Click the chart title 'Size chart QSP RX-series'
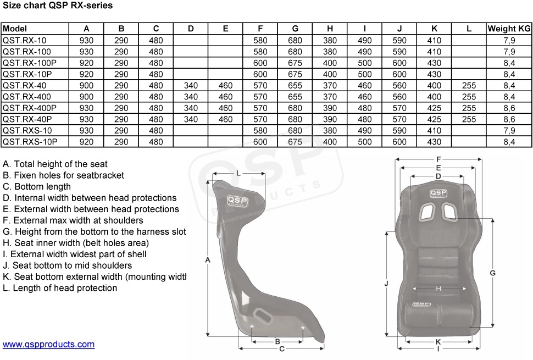point(58,5)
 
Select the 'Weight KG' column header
point(509,29)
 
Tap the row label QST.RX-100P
point(30,63)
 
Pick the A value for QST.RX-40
point(86,85)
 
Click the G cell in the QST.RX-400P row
point(295,108)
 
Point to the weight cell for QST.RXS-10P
point(509,142)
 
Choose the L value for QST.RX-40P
point(469,119)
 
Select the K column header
point(434,29)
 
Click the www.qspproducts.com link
point(48,345)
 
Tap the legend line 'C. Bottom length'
point(37,187)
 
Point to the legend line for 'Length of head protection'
point(60,288)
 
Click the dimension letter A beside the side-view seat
point(208,260)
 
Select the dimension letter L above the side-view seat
point(238,173)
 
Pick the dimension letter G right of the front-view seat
point(492,273)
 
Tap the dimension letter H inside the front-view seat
point(438,289)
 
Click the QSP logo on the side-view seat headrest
point(237,201)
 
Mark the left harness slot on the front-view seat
point(427,212)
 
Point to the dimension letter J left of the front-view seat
point(386,284)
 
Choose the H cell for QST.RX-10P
point(330,74)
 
